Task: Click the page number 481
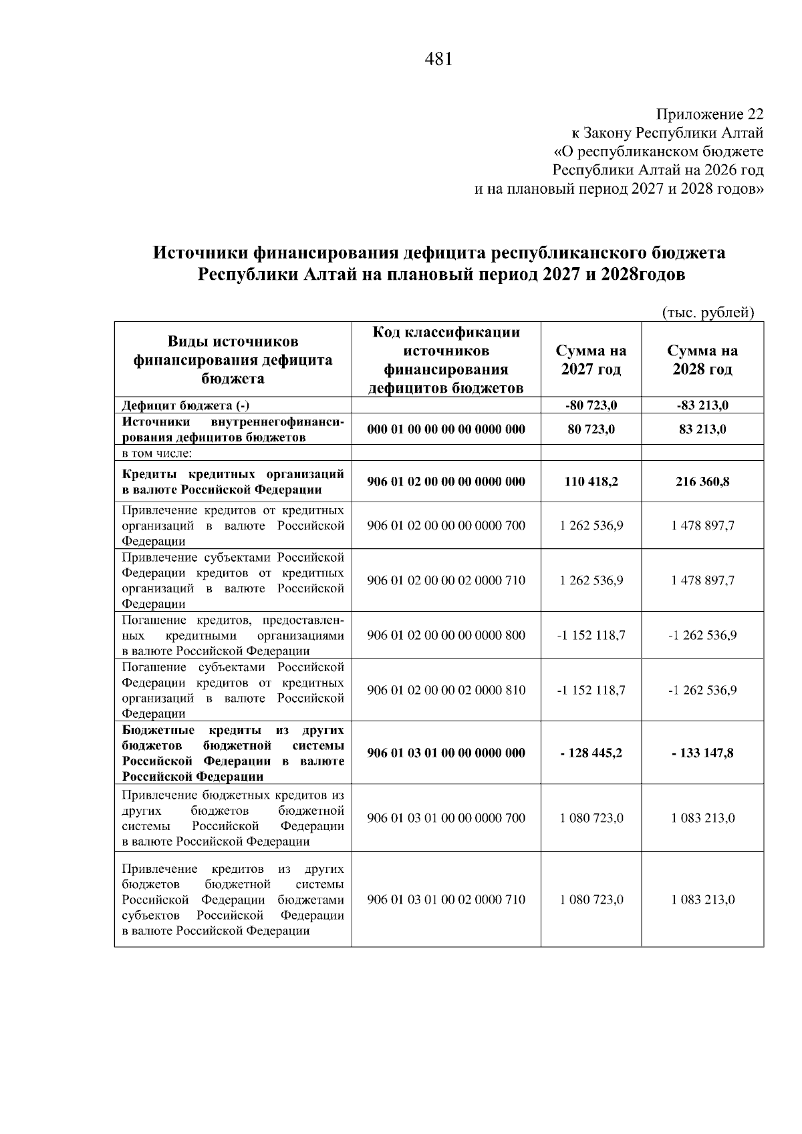pyautogui.click(x=438, y=59)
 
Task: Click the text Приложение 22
pyautogui.click(x=709, y=114)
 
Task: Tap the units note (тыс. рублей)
pyautogui.click(x=708, y=313)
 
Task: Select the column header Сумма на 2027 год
pyautogui.click(x=591, y=360)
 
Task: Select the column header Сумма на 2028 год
pyautogui.click(x=702, y=360)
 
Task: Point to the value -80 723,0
pyautogui.click(x=591, y=405)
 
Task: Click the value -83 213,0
pyautogui.click(x=702, y=405)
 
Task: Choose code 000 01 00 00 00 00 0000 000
pyautogui.click(x=446, y=429)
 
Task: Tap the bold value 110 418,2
pyautogui.click(x=591, y=482)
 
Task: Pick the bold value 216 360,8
pyautogui.click(x=702, y=482)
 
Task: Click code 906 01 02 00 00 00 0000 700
pyautogui.click(x=446, y=526)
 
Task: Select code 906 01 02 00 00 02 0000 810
pyautogui.click(x=446, y=690)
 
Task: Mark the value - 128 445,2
pyautogui.click(x=591, y=753)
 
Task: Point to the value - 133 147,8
pyautogui.click(x=702, y=753)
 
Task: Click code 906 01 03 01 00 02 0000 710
pyautogui.click(x=446, y=900)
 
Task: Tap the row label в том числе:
pyautogui.click(x=156, y=453)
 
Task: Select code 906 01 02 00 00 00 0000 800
pyautogui.click(x=446, y=635)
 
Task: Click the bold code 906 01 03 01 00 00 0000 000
pyautogui.click(x=446, y=753)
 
